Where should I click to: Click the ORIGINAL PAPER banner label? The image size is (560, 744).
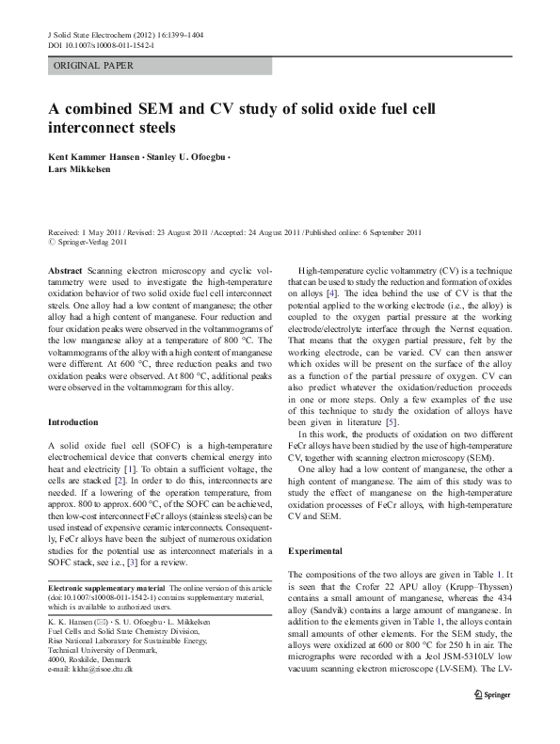coord(94,66)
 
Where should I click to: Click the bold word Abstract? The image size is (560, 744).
coord(66,269)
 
